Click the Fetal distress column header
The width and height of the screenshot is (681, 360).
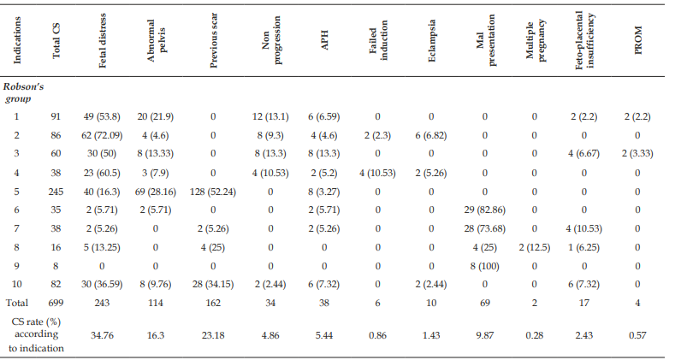pos(103,40)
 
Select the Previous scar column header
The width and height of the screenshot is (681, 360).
pos(213,40)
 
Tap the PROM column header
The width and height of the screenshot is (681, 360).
pos(637,40)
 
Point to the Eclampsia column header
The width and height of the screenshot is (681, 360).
pos(431,40)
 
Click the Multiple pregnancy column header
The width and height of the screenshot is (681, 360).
pos(535,40)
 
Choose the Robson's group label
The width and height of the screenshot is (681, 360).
pos(23,92)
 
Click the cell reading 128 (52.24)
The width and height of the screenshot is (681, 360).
pos(213,192)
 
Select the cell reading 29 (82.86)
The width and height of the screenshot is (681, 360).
pos(485,210)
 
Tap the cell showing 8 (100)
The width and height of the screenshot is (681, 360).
pos(485,266)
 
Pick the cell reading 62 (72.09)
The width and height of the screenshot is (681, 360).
pos(103,135)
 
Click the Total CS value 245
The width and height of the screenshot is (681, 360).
pos(56,192)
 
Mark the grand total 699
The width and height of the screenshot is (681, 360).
pos(56,303)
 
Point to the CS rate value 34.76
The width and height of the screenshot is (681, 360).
pos(103,335)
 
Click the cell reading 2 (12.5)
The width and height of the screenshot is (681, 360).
pos(535,247)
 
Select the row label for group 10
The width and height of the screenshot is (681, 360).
pos(16,284)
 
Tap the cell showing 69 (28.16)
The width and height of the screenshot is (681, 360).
pos(156,192)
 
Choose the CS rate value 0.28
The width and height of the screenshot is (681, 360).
pos(535,335)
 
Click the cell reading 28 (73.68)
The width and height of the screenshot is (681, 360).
pos(485,228)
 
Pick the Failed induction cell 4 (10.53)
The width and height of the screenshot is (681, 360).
pos(377,173)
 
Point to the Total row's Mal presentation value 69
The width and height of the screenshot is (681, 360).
pos(485,303)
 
